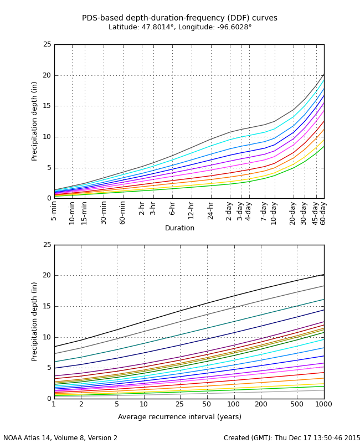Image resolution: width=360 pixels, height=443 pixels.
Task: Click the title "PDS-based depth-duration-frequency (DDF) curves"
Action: [x=179, y=18]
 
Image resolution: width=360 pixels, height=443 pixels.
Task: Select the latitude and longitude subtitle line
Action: [x=179, y=27]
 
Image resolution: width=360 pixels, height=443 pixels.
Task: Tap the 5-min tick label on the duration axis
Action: [x=54, y=211]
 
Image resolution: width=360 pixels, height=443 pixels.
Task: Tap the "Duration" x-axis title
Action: [x=179, y=228]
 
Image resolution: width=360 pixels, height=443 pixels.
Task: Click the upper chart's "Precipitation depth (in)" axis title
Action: [x=34, y=121]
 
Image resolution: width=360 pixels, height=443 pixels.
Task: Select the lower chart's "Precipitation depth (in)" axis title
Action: [x=34, y=321]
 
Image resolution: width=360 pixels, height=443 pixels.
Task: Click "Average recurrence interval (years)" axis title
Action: [x=179, y=417]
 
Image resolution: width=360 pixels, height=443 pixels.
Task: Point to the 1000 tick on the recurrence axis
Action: [x=324, y=404]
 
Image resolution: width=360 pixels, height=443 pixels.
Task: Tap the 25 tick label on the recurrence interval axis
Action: [x=179, y=404]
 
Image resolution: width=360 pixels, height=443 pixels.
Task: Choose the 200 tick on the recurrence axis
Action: [x=261, y=404]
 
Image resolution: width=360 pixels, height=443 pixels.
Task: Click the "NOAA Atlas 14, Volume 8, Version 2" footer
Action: [x=60, y=438]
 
